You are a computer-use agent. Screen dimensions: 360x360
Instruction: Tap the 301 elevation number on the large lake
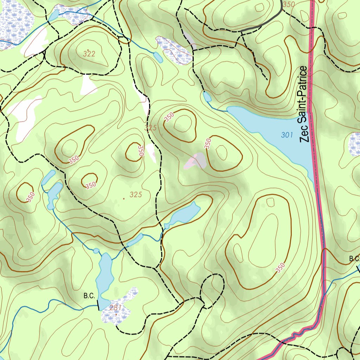tap(287, 135)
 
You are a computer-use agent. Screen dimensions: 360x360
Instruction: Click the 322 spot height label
tap(89, 54)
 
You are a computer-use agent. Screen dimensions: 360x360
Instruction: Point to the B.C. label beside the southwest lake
tap(89, 296)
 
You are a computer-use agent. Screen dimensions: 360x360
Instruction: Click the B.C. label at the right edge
tap(354, 259)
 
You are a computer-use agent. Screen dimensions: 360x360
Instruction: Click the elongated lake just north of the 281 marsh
tap(105, 278)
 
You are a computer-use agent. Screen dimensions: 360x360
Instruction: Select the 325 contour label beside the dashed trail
tap(150, 128)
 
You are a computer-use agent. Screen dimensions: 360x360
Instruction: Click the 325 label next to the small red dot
tap(136, 194)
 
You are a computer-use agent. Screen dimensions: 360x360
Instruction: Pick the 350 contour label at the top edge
tap(288, 5)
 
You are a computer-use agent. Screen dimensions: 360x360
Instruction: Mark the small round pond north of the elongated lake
tap(96, 251)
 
